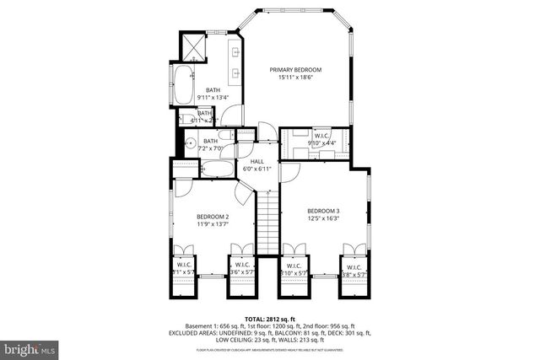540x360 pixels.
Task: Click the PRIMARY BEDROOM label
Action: (295, 69)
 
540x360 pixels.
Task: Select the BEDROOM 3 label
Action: (323, 210)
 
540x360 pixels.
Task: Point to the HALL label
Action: (258, 161)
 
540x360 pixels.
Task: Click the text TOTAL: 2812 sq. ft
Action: (270, 319)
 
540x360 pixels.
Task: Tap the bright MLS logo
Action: (30, 347)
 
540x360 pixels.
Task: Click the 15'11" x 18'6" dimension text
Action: (295, 78)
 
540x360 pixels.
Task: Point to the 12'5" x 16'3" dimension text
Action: (323, 218)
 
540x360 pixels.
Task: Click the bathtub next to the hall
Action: (221, 169)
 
